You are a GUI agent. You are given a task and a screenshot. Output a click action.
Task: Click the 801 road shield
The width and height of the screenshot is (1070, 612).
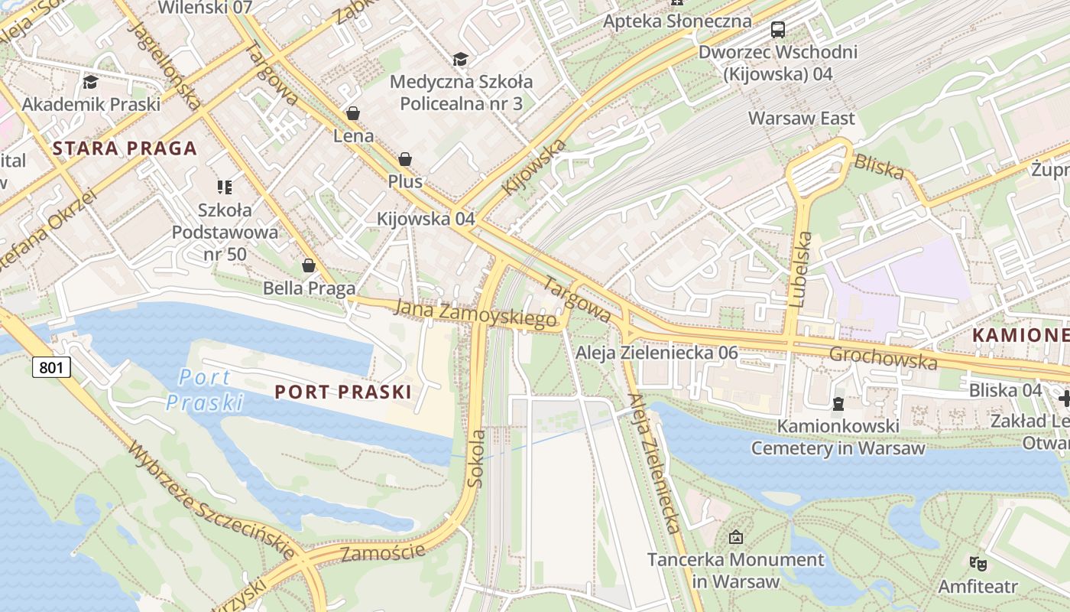pos(51,368)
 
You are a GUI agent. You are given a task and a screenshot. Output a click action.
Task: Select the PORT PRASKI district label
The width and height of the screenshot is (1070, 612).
pos(342,392)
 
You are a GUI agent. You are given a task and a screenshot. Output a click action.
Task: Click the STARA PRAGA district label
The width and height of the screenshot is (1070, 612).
pos(125,148)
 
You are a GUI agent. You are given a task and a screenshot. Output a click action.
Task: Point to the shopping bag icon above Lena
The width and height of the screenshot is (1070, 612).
pos(353,114)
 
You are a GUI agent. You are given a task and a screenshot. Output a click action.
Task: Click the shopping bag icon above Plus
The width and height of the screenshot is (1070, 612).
pos(405,159)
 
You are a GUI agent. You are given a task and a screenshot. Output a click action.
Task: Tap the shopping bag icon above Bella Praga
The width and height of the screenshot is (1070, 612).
pos(309,265)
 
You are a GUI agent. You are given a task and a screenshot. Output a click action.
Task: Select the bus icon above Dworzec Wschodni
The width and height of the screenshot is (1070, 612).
pos(777,31)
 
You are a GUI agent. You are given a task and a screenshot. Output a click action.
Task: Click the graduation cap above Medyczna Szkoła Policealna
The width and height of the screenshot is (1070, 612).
pos(460,60)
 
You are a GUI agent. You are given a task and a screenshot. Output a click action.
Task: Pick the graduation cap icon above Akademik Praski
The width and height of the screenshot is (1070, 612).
pos(91,82)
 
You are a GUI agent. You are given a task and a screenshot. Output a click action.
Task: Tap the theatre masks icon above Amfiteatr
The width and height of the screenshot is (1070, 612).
pos(978,564)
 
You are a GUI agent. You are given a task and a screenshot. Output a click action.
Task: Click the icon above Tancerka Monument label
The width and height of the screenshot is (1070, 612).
pos(736,537)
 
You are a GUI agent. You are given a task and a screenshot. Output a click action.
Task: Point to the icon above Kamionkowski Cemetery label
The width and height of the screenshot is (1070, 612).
pos(838,403)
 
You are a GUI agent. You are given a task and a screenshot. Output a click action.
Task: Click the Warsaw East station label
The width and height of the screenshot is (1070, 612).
pos(801,119)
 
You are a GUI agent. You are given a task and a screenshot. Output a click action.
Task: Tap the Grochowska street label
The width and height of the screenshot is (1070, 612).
pos(883,357)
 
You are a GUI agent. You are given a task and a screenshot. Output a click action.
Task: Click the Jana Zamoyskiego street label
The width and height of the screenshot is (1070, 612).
pos(475,314)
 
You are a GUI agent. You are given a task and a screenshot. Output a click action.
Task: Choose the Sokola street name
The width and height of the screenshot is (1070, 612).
pos(477,458)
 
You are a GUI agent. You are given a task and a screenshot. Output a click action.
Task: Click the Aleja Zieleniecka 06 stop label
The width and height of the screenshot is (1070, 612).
pos(657,353)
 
